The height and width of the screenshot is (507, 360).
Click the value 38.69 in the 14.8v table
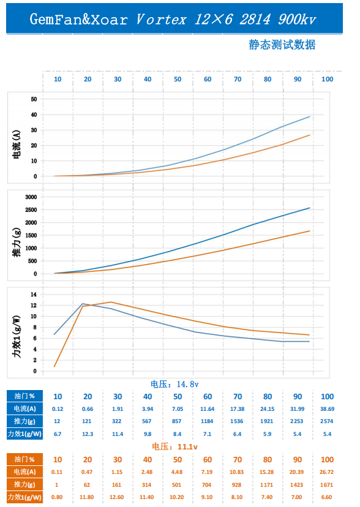point(327,408)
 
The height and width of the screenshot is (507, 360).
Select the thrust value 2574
point(327,421)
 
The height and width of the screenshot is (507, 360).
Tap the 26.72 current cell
point(326,471)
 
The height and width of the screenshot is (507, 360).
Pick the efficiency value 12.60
point(117,497)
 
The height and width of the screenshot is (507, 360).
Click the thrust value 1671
point(326,485)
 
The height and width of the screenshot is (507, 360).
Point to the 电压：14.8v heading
point(174,384)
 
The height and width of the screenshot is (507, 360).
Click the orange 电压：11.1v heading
point(175,446)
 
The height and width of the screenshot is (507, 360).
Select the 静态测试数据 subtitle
point(282,45)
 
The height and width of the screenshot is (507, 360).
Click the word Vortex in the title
point(161,20)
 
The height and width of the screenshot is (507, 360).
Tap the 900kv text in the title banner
point(297,20)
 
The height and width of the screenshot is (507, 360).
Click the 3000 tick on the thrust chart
point(31,197)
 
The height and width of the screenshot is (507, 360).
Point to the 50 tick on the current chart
point(34,99)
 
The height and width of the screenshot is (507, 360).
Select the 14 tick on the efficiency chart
point(34,295)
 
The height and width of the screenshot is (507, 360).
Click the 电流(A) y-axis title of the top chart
point(17,145)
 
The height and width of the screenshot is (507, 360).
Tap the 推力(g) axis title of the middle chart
point(17,242)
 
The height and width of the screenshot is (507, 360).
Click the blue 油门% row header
point(24,396)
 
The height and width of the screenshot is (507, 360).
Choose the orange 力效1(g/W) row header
point(24,497)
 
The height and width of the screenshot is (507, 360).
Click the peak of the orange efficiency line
point(111,302)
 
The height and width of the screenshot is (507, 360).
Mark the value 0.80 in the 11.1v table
point(57,497)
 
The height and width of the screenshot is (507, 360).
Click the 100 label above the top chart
point(327,79)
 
